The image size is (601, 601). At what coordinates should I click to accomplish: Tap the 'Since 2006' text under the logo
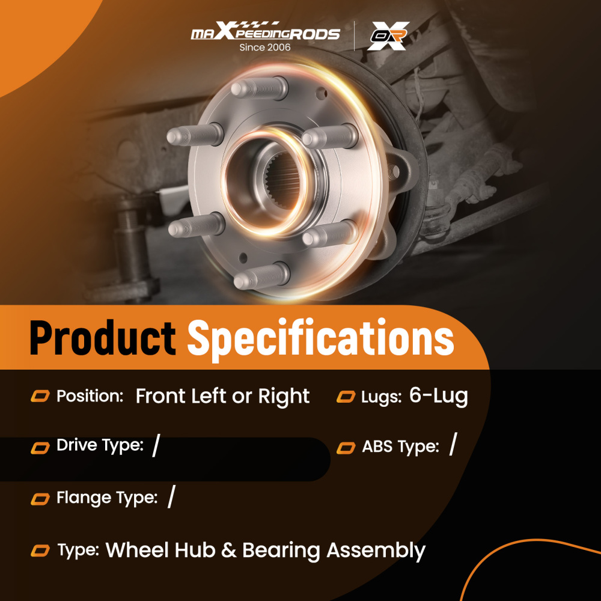[264, 47]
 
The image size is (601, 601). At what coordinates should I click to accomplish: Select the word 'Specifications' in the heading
[320, 338]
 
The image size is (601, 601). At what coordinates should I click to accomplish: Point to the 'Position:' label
[90, 396]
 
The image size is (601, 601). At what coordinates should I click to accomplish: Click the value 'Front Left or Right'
[222, 396]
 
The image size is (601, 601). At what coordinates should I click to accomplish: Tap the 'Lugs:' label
[382, 397]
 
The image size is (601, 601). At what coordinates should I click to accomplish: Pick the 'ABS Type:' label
[400, 447]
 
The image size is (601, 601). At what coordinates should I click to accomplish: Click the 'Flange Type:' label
[107, 498]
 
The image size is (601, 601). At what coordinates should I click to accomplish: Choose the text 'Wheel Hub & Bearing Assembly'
[266, 550]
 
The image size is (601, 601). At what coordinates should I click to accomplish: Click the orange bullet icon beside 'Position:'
[40, 396]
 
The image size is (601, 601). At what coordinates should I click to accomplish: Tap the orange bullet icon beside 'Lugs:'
[346, 397]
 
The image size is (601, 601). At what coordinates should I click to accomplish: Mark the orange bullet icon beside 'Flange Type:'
[40, 498]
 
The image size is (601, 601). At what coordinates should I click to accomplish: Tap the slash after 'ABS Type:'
[453, 446]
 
